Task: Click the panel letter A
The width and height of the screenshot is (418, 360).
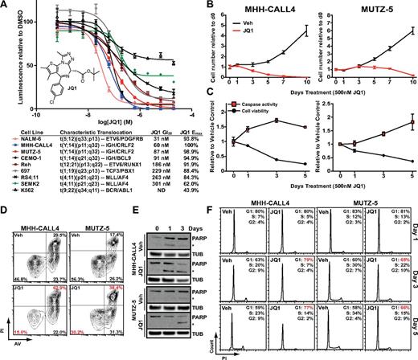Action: click(x=6, y=6)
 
